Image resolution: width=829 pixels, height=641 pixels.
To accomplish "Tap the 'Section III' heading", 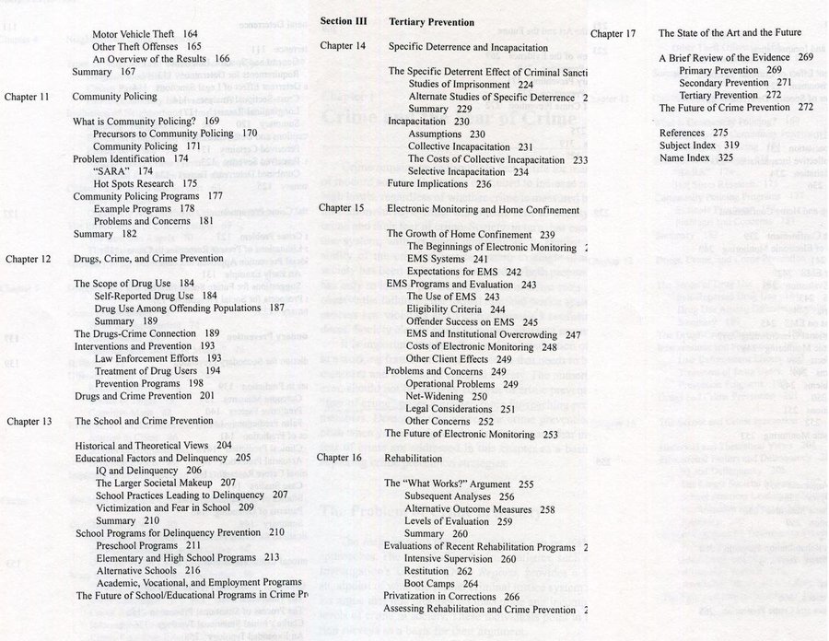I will tap(344, 20).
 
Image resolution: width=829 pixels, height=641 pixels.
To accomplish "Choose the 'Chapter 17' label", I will tap(613, 33).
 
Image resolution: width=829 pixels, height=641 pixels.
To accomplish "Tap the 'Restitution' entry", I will tap(428, 571).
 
